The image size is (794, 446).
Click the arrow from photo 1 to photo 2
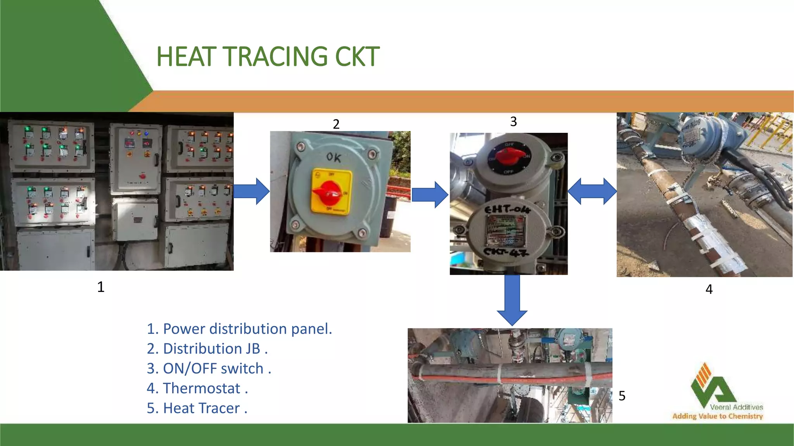click(x=252, y=191)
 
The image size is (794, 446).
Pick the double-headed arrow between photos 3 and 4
click(x=592, y=191)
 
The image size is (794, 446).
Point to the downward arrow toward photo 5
click(x=512, y=300)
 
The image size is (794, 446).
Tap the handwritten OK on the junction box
click(x=333, y=157)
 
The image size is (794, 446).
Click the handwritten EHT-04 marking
click(x=507, y=209)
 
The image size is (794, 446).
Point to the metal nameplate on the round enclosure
click(x=506, y=231)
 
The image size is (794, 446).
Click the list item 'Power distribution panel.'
click(x=239, y=329)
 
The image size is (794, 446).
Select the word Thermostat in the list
click(x=202, y=388)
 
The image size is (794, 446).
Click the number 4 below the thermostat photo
click(x=709, y=289)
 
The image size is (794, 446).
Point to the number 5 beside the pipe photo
click(x=622, y=396)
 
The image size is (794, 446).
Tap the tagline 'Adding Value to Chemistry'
click(x=717, y=416)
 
